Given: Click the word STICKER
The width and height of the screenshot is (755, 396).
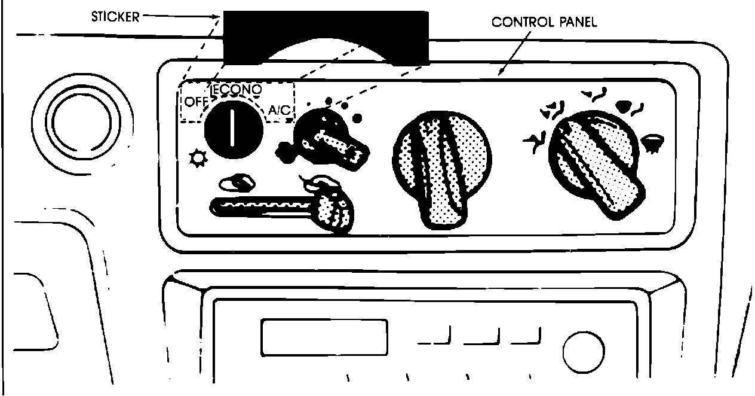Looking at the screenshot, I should click(x=115, y=16).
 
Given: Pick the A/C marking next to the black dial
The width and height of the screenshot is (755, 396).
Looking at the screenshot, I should click(x=279, y=110).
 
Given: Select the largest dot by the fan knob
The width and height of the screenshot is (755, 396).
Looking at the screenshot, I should click(x=357, y=117).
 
